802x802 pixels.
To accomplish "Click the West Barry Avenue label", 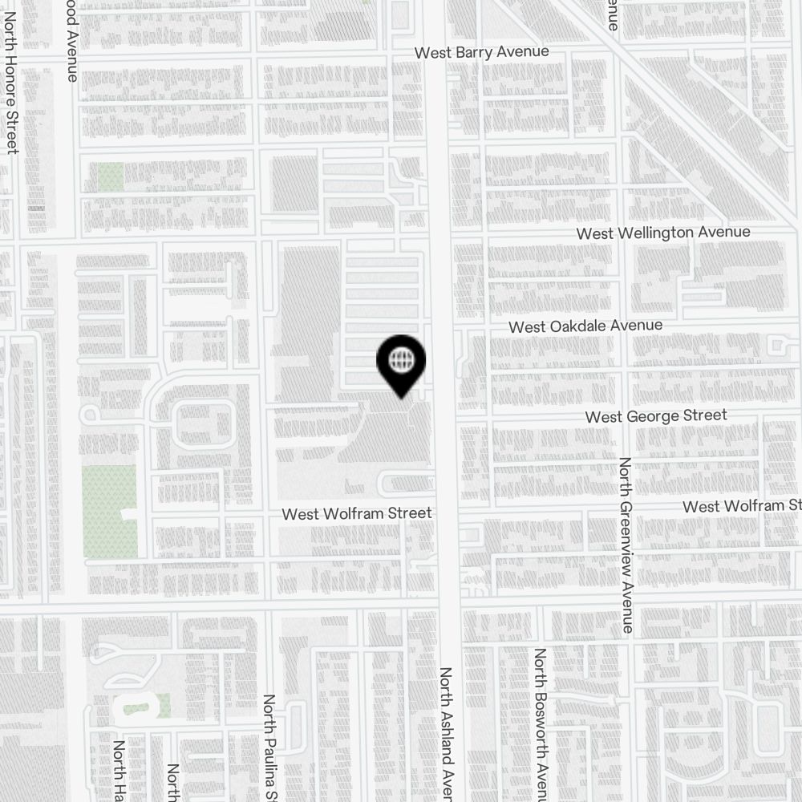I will pos(481,52).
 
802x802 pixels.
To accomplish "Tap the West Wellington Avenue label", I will pos(663,233).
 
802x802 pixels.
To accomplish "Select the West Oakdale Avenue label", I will pos(585,326).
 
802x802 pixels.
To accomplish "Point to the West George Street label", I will pos(655,415).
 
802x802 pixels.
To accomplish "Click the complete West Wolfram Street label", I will pos(356,513).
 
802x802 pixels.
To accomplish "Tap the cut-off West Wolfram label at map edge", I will pos(742,506).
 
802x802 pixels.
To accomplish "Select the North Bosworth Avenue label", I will pos(541,722).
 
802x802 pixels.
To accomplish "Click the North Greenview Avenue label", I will pos(627,545).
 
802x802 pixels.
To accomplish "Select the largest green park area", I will pos(109,512).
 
